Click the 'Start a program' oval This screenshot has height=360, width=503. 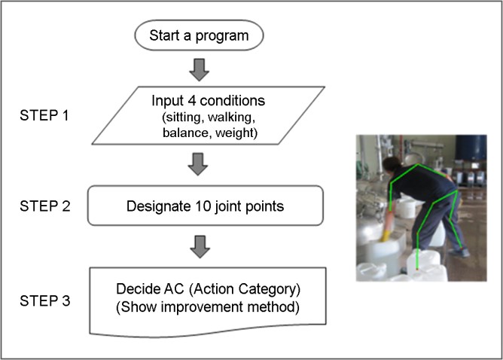tap(199, 35)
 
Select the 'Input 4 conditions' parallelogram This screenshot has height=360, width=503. tap(208, 115)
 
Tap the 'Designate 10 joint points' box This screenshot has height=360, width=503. tap(206, 206)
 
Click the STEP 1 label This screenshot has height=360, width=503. tap(44, 115)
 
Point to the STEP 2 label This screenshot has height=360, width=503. tap(45, 206)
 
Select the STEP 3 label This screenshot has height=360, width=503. tap(45, 301)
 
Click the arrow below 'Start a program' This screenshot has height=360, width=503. tap(200, 69)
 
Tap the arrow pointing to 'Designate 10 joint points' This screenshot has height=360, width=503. tap(198, 164)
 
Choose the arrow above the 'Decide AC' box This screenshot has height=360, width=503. tap(200, 247)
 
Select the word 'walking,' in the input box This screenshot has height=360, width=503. tap(232, 117)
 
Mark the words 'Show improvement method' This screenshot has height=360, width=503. tap(208, 307)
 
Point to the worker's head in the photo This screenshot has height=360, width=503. tap(392, 166)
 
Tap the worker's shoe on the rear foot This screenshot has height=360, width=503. tap(459, 252)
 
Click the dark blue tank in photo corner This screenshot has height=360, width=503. tap(471, 148)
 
